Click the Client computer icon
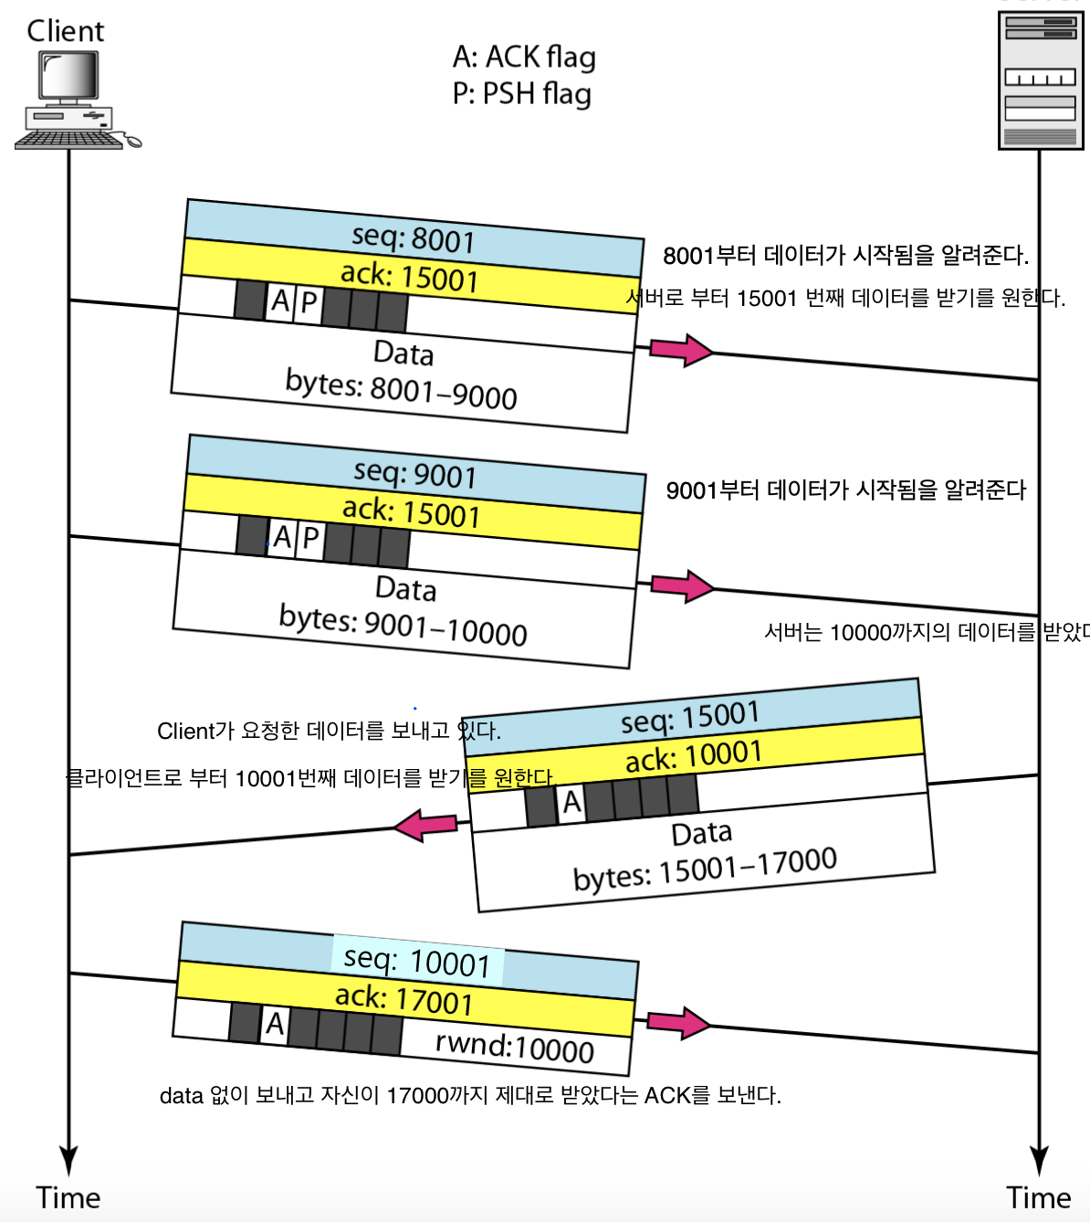pyautogui.click(x=73, y=100)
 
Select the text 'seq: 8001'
pyautogui.click(x=414, y=238)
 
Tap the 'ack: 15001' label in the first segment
pyautogui.click(x=409, y=276)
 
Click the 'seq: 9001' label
pyautogui.click(x=415, y=474)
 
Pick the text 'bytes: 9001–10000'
pyautogui.click(x=403, y=626)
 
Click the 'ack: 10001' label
pyautogui.click(x=694, y=756)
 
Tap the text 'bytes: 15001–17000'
pyautogui.click(x=705, y=869)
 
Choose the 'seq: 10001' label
pyautogui.click(x=417, y=961)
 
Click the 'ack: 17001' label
pyautogui.click(x=404, y=999)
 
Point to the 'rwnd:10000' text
pyautogui.click(x=515, y=1047)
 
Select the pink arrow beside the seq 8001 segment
pyautogui.click(x=681, y=350)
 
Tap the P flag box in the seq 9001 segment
pyautogui.click(x=311, y=539)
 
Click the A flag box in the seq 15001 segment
pyautogui.click(x=572, y=803)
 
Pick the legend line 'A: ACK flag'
pyautogui.click(x=524, y=58)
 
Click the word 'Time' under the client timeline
pyautogui.click(x=68, y=1197)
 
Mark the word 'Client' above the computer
pyautogui.click(x=66, y=31)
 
